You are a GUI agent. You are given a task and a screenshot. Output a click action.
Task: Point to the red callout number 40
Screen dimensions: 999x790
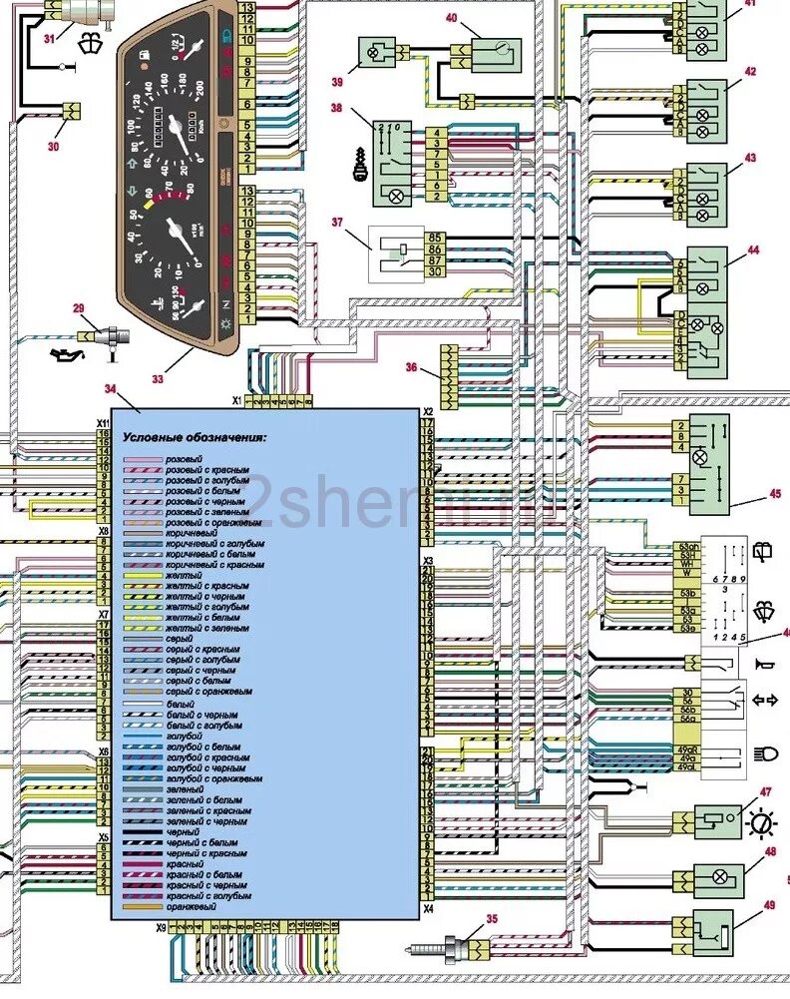[x=451, y=19]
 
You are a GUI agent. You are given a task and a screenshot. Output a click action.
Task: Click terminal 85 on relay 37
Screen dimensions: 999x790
[x=434, y=239]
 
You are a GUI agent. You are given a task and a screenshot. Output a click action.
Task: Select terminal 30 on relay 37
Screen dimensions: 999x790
[x=434, y=271]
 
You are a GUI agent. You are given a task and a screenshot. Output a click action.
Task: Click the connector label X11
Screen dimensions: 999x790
[x=102, y=423]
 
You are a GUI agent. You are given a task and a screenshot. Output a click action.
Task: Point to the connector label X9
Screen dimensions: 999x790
[x=161, y=928]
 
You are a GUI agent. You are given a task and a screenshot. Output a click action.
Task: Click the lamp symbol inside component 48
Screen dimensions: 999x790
[x=718, y=880]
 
